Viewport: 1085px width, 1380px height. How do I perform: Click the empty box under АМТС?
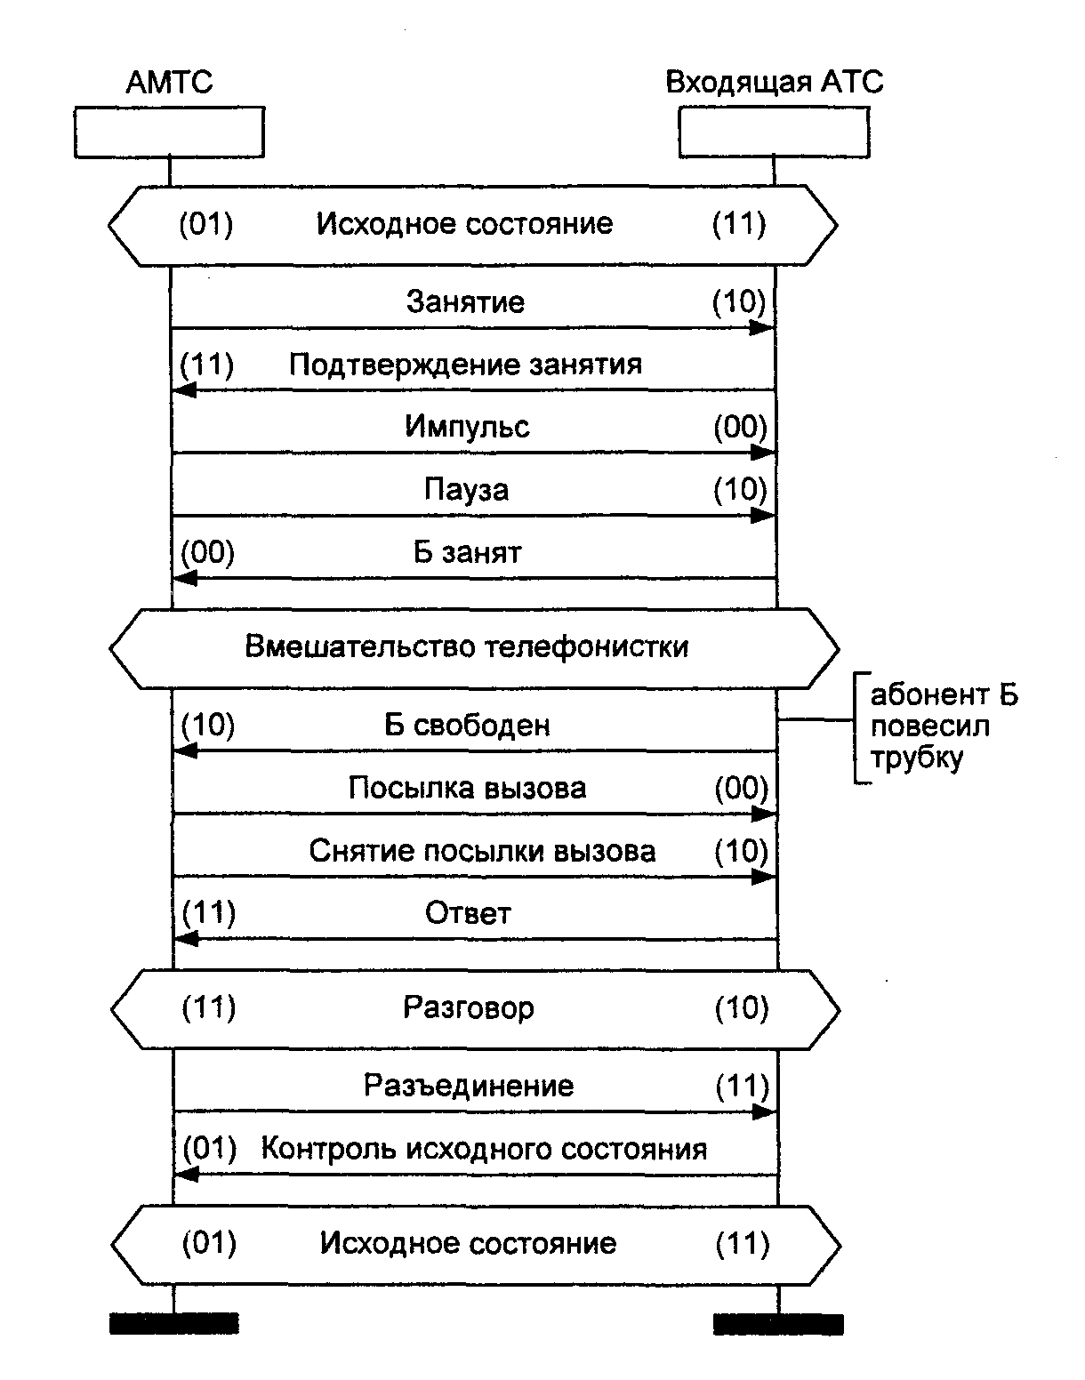169,132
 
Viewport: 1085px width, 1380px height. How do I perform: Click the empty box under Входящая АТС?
774,132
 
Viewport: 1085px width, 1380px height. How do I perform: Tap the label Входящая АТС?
774,83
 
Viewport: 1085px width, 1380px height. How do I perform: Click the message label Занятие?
465,302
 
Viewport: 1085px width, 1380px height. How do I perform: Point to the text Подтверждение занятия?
465,365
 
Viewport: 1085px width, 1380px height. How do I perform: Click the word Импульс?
467,427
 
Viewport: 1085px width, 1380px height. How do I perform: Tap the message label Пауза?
466,490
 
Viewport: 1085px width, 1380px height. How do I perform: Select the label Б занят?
467,552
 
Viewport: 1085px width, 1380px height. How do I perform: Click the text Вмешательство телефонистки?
466,646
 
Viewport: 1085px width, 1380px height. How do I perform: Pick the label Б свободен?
467,726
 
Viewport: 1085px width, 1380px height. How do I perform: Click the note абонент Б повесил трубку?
943,726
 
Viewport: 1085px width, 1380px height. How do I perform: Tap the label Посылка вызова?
467,789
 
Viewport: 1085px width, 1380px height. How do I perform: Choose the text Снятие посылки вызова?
482,851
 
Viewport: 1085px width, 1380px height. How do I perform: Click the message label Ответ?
468,913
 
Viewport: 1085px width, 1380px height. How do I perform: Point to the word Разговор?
469,1007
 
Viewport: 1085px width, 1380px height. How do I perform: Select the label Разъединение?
469,1086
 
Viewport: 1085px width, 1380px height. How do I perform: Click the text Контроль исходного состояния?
484,1149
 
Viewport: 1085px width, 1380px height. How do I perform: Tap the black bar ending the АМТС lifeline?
173,1323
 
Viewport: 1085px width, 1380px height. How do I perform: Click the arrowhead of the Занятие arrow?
762,327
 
